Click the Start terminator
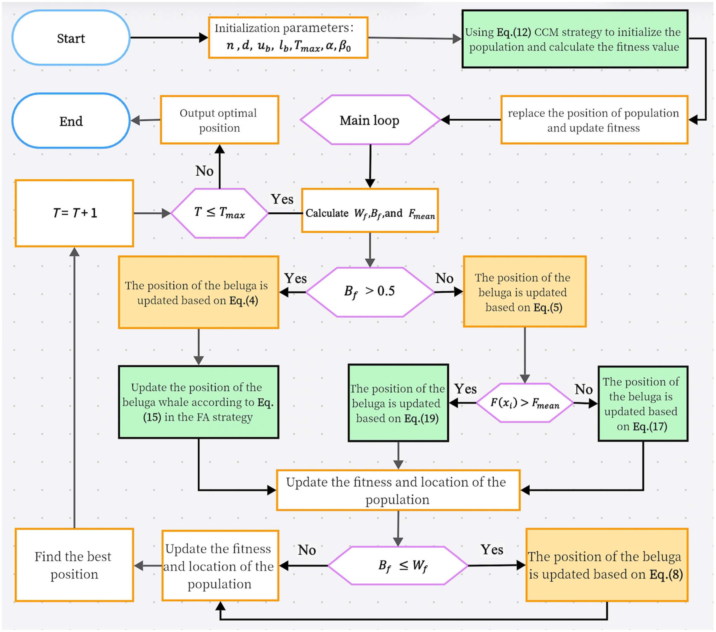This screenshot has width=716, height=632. coord(71,38)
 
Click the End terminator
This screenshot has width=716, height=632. coord(71,121)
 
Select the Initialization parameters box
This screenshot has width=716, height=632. coord(288,38)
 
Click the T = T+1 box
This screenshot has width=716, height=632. coord(74,213)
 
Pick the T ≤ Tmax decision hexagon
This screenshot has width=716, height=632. coord(220,213)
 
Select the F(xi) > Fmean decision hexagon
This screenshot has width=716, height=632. coord(524,403)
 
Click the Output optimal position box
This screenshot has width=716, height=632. coord(219,120)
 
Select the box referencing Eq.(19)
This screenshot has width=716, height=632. coord(398,403)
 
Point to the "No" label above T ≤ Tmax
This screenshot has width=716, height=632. coord(204,171)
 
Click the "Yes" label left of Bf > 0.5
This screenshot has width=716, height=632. coord(295,279)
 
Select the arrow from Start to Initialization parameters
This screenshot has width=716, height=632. coord(168,38)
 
